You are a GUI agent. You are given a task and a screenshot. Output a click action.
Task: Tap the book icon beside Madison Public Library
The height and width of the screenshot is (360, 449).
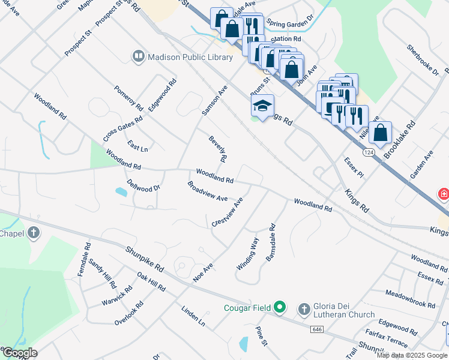click(x=138, y=57)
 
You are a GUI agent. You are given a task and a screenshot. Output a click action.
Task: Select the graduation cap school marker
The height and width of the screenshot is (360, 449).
click(x=262, y=106)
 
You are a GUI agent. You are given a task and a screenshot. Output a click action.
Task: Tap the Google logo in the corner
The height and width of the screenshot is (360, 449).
click(x=19, y=353)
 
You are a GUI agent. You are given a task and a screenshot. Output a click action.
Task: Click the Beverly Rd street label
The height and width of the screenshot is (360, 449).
click(x=217, y=149)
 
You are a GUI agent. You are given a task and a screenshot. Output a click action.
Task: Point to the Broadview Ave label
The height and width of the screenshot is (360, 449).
click(x=208, y=191)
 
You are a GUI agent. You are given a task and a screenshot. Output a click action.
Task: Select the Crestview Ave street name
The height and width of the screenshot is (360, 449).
click(x=228, y=212)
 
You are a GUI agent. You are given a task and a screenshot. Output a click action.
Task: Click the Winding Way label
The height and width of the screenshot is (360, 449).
click(x=247, y=254)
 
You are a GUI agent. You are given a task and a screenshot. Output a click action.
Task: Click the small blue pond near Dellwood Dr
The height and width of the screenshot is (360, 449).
click(x=121, y=192)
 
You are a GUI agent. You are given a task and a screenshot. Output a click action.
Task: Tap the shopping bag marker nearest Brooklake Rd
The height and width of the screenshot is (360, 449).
click(x=381, y=133)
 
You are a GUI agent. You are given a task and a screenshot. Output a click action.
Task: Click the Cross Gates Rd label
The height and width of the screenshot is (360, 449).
click(x=122, y=128)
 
